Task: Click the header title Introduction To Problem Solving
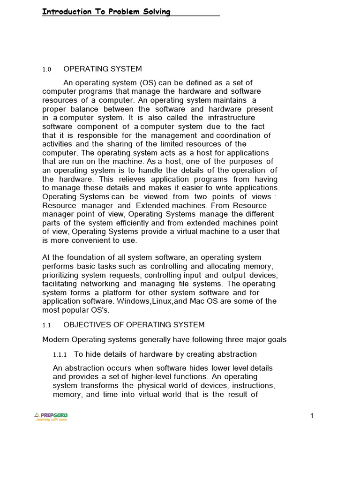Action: click(x=106, y=12)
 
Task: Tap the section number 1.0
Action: click(x=46, y=69)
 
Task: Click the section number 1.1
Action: click(x=46, y=325)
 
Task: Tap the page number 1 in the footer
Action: click(x=311, y=416)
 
